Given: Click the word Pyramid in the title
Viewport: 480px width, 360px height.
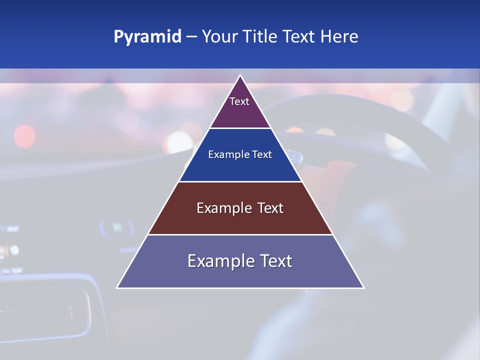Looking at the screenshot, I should click(x=147, y=37).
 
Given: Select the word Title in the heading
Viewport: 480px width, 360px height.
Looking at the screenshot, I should click(x=261, y=37).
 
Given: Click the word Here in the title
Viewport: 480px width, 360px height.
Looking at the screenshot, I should click(x=339, y=37).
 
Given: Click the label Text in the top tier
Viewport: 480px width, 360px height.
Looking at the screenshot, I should click(x=239, y=101).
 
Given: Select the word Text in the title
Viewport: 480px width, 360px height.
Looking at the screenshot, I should click(x=299, y=37).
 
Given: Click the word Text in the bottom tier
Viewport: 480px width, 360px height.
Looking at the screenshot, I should click(x=273, y=261).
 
